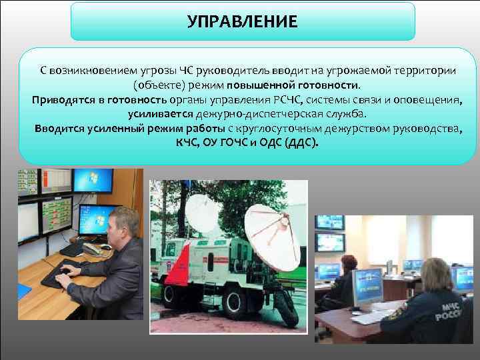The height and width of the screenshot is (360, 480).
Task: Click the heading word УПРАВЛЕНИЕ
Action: [243, 21]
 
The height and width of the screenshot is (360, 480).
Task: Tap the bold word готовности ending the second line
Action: [325, 85]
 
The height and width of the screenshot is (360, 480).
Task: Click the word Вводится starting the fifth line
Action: [59, 129]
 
